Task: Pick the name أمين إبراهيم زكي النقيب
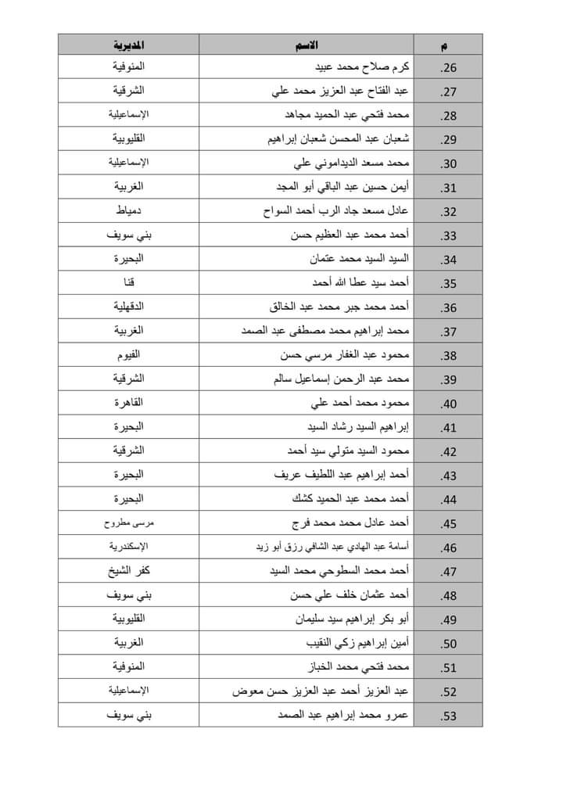[356, 644]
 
